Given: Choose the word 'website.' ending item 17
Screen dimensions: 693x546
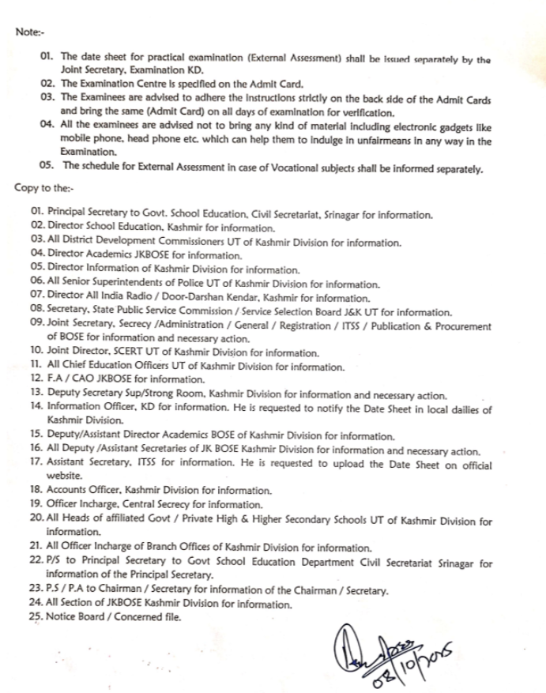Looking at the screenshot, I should point(66,476).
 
